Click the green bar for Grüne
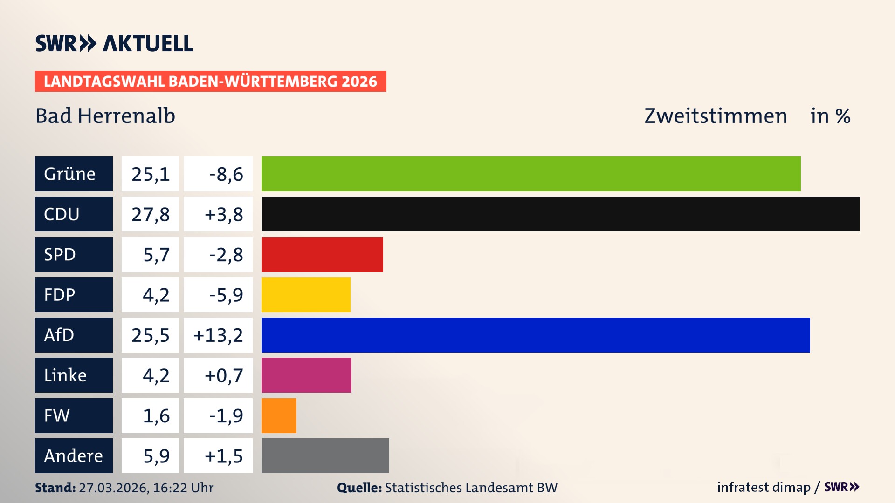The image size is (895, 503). pos(531,174)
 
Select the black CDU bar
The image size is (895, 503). pos(560,214)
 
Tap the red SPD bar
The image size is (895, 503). pos(322,254)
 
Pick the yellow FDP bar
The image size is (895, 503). pos(306,294)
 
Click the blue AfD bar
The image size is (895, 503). pos(536,335)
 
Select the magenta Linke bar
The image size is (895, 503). pos(306,375)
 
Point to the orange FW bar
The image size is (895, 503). pos(279,415)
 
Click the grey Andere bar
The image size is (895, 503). pos(325,455)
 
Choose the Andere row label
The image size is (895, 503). pos(74,455)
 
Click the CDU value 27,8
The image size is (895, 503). pos(150,214)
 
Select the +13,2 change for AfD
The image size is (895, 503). pos(218,335)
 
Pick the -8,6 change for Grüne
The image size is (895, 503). pos(226,174)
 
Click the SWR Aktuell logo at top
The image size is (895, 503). pos(114,43)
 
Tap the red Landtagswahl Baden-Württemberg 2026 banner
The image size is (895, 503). pos(210,81)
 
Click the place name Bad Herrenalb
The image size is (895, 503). pos(105,116)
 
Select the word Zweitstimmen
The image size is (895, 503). pos(716,116)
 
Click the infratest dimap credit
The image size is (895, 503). pos(764,487)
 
